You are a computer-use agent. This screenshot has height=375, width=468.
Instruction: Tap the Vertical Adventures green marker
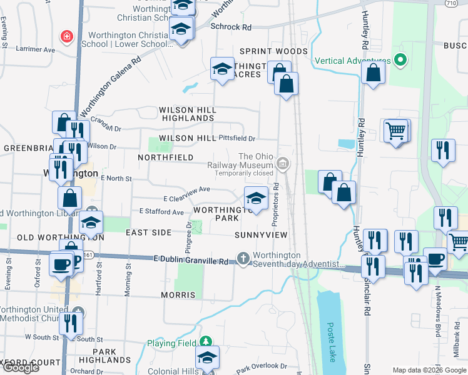(x=401, y=61)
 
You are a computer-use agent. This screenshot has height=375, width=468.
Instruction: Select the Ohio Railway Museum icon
(x=283, y=164)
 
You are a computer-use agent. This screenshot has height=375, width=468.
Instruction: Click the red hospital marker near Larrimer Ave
(x=66, y=37)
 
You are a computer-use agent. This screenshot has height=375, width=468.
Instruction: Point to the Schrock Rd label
(x=231, y=27)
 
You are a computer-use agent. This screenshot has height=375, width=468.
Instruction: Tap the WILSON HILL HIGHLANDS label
(x=189, y=114)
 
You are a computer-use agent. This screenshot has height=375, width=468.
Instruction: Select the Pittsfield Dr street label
(x=237, y=138)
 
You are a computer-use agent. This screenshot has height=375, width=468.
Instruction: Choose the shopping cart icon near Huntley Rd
(x=395, y=131)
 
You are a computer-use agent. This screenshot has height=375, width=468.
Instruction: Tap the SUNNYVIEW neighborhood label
(x=261, y=235)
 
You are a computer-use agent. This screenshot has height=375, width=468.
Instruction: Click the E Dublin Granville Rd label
(x=191, y=259)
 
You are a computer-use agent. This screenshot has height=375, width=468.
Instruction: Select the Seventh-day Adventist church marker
(x=243, y=258)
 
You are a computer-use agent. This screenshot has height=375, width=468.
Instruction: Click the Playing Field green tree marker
(x=205, y=342)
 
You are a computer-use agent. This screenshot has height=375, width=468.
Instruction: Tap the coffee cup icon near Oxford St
(x=61, y=263)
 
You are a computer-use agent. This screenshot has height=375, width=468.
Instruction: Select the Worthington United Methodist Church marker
(x=77, y=311)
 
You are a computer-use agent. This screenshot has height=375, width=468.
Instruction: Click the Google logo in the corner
(x=21, y=367)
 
